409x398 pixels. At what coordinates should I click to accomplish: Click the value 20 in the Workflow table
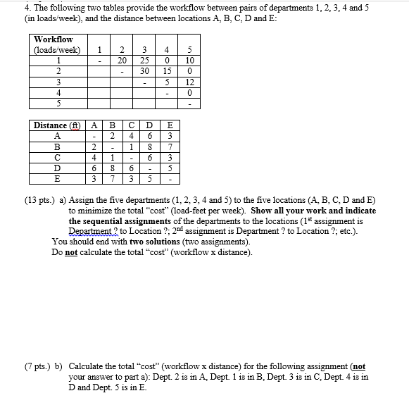[x=122, y=61]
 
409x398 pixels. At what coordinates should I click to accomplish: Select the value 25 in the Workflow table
[x=144, y=61]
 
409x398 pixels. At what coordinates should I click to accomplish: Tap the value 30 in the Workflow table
[x=144, y=72]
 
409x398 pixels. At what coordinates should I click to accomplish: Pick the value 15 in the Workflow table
[x=167, y=72]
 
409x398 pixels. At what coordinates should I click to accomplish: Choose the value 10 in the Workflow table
[x=188, y=61]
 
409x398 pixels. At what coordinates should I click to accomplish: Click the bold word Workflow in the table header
[x=53, y=39]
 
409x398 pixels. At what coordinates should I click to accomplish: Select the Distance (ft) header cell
[x=56, y=126]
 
